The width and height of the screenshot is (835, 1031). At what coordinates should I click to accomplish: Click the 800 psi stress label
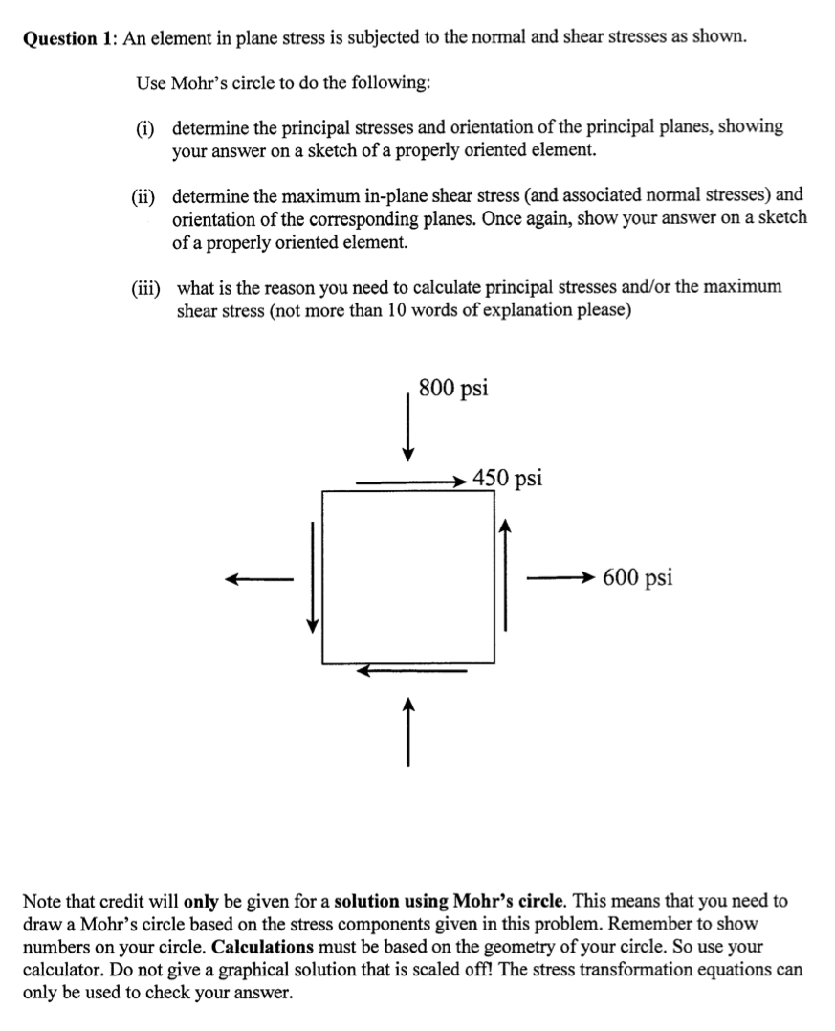click(453, 388)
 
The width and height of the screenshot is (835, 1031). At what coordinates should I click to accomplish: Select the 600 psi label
click(637, 577)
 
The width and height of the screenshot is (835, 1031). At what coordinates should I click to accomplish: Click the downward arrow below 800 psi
click(408, 426)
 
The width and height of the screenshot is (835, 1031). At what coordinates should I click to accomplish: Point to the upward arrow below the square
click(408, 732)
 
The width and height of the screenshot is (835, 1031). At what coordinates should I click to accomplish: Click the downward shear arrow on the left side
click(311, 576)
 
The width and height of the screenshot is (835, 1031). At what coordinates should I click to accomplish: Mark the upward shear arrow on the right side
click(505, 574)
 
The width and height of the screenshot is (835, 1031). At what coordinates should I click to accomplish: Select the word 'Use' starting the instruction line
click(150, 82)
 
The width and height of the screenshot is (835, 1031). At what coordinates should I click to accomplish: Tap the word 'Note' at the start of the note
click(41, 901)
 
